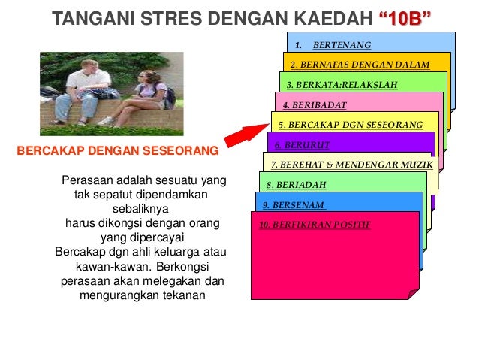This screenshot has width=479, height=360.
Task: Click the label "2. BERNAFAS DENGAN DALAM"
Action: pos(360,65)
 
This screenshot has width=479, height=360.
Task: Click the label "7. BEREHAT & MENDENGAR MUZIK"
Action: pos(341,164)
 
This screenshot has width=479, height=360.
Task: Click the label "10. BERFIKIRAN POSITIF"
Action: pos(315,224)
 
